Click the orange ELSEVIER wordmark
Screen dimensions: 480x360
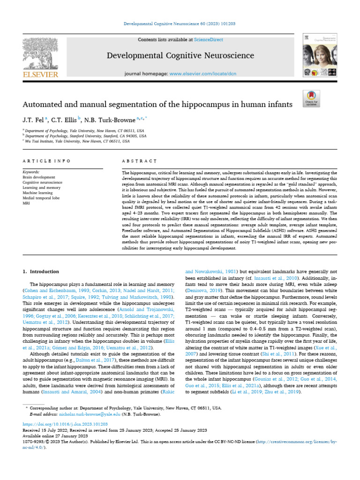click(41, 74)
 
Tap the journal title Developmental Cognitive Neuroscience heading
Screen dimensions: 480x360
click(180, 56)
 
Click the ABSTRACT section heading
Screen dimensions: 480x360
click(139, 161)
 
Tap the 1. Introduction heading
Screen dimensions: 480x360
click(41, 272)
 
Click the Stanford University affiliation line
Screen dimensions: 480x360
click(84, 136)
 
